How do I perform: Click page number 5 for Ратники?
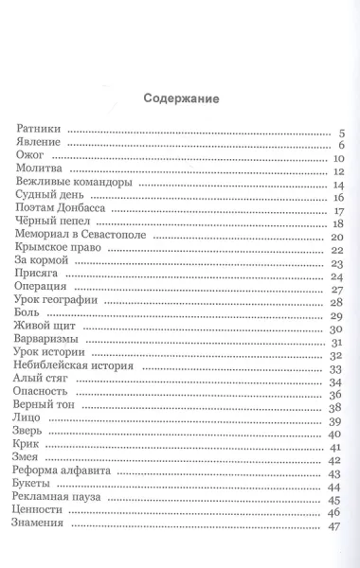[340, 132]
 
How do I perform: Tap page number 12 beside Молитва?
[336, 171]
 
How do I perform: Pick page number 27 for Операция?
[336, 290]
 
